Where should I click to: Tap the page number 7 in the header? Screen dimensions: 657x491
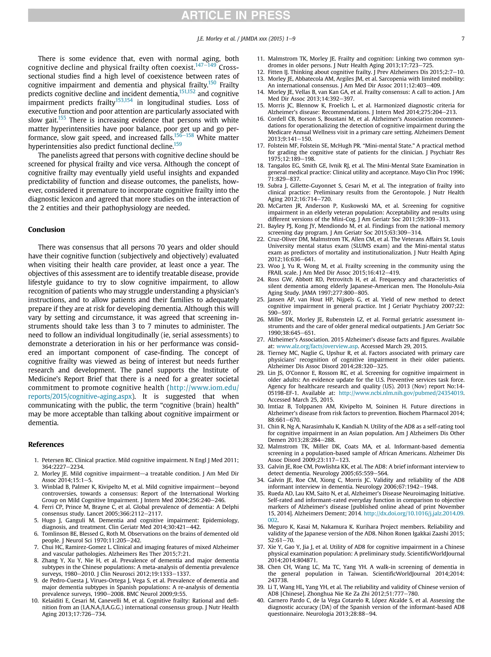pos(462,39)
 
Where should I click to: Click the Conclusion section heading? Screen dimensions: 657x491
pos(46,230)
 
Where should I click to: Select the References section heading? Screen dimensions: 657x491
pos(46,444)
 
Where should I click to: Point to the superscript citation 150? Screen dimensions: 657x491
pos(212,82)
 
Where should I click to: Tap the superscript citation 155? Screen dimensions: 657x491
pos(62,118)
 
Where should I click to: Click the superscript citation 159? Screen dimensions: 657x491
pos(178,144)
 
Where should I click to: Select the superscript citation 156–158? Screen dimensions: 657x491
pos(184,135)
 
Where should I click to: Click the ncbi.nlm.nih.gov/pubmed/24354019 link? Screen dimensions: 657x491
pos(401,393)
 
